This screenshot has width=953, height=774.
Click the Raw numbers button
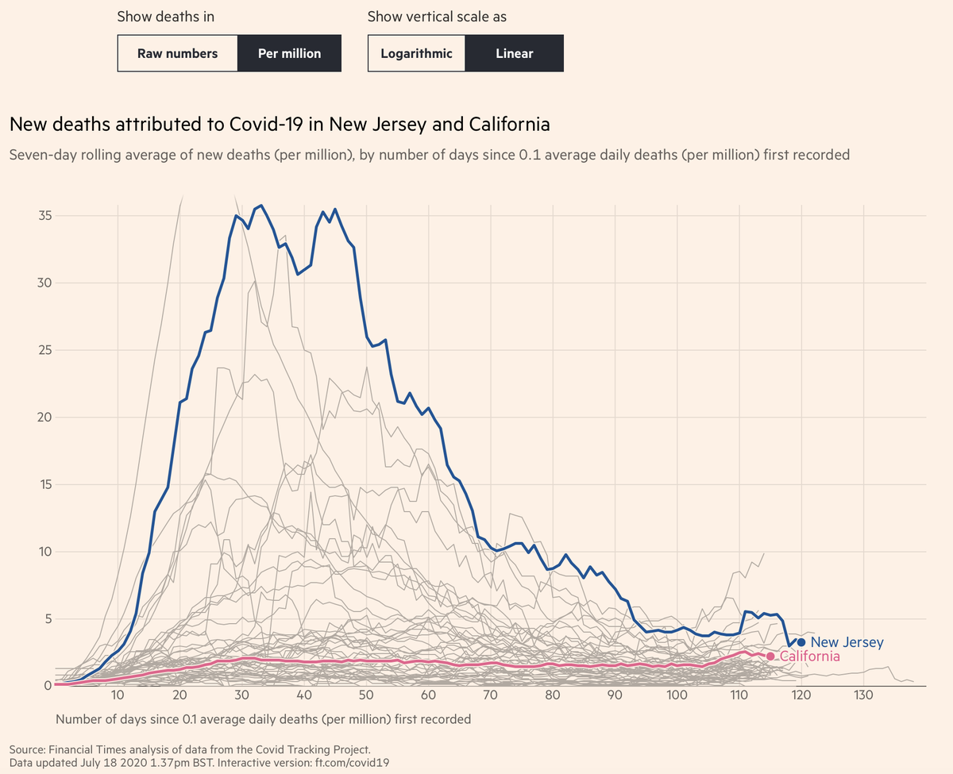click(177, 54)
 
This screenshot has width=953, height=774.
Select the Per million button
click(289, 54)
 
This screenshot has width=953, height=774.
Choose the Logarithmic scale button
click(416, 54)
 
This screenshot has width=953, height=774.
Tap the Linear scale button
click(514, 54)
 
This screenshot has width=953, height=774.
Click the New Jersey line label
click(847, 642)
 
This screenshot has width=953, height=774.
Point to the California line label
click(809, 657)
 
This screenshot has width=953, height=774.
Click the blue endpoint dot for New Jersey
click(801, 642)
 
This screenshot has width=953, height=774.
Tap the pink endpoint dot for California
click(770, 656)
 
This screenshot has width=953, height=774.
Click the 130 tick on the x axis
click(863, 696)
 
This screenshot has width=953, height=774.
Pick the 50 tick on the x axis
click(366, 696)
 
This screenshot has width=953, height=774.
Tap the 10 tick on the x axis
click(118, 696)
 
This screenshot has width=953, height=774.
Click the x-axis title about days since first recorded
click(263, 719)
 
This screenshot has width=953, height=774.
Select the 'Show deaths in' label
click(165, 17)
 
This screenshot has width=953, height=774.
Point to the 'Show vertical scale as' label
click(437, 17)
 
